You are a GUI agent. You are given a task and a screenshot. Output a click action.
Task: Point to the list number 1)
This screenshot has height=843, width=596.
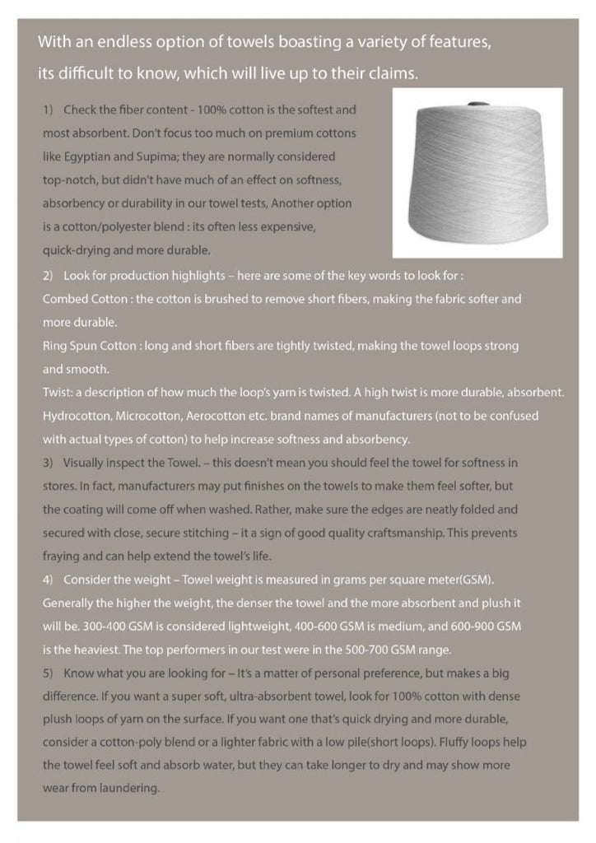(47, 109)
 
